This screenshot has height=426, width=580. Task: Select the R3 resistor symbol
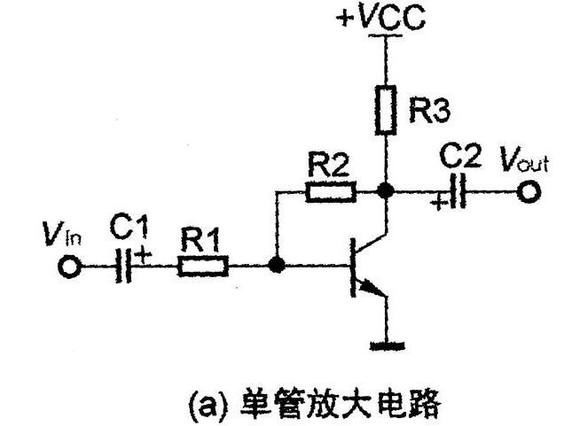[384, 110]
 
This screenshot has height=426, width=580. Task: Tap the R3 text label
[429, 111]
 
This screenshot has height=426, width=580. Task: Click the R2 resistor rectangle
[331, 190]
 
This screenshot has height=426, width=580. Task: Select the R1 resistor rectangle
[203, 265]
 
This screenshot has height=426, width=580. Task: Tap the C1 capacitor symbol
[124, 265]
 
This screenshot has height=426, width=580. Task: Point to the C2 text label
[461, 159]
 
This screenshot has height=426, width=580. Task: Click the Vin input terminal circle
[68, 265]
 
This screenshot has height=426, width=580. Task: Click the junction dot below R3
[384, 190]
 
